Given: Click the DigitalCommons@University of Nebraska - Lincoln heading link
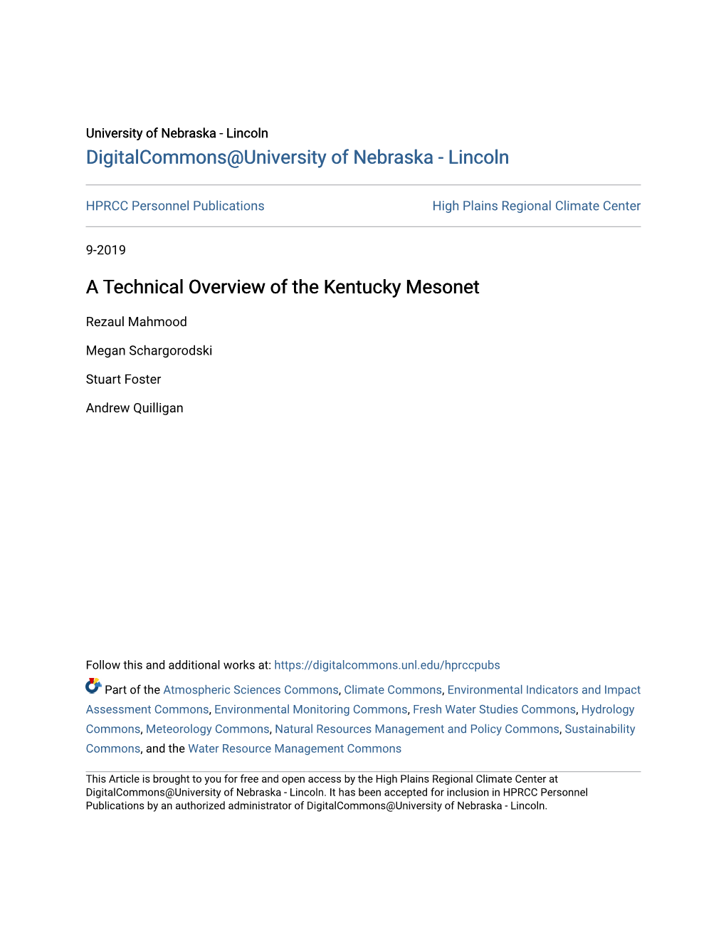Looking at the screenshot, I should [297, 157].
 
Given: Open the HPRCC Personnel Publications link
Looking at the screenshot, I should [175, 206].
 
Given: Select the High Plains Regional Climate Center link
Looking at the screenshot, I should [536, 206].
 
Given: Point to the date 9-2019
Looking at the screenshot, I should [106, 250].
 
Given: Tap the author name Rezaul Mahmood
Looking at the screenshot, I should [137, 322].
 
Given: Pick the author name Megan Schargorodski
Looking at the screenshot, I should [149, 350].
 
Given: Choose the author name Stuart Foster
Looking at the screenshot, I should [124, 380].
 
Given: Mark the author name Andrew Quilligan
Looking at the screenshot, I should [135, 408].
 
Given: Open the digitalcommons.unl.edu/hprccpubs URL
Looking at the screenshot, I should [386, 665].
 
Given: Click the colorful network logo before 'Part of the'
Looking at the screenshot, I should [93, 686].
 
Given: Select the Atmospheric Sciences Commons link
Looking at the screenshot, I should [251, 690].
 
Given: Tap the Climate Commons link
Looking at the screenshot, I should [393, 690].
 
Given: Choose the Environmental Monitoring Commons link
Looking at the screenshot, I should [311, 709].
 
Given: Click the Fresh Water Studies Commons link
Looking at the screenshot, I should [494, 709].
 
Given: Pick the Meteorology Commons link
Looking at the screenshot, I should [207, 729].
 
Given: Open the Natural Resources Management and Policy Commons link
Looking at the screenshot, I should [417, 729].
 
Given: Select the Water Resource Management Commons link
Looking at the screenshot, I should [295, 748].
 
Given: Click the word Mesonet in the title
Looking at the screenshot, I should [443, 287].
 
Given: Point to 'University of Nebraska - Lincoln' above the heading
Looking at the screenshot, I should [177, 133].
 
